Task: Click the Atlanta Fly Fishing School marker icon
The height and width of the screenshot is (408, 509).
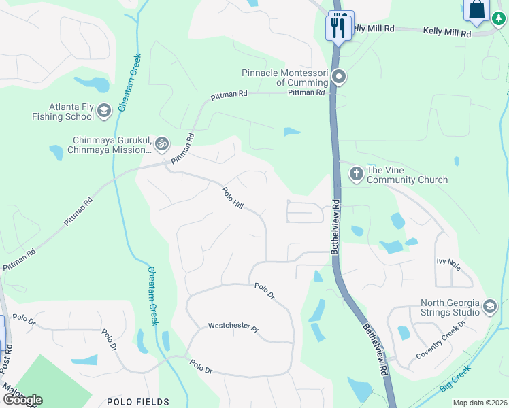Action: pyautogui.click(x=104, y=111)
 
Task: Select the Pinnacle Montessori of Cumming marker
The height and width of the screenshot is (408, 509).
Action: pyautogui.click(x=340, y=77)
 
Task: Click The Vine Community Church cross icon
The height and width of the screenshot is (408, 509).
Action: pyautogui.click(x=356, y=174)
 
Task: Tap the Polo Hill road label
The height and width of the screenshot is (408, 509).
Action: pyautogui.click(x=233, y=198)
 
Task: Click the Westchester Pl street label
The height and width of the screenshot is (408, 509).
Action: pyautogui.click(x=233, y=328)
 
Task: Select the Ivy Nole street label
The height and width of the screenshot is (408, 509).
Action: pyautogui.click(x=448, y=263)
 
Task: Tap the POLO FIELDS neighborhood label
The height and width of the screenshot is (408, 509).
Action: pyautogui.click(x=138, y=402)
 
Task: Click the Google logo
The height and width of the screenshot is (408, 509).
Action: pyautogui.click(x=22, y=400)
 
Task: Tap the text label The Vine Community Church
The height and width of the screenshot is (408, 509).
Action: pyautogui.click(x=407, y=175)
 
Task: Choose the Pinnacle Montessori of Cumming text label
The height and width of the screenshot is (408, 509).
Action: pyautogui.click(x=285, y=78)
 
